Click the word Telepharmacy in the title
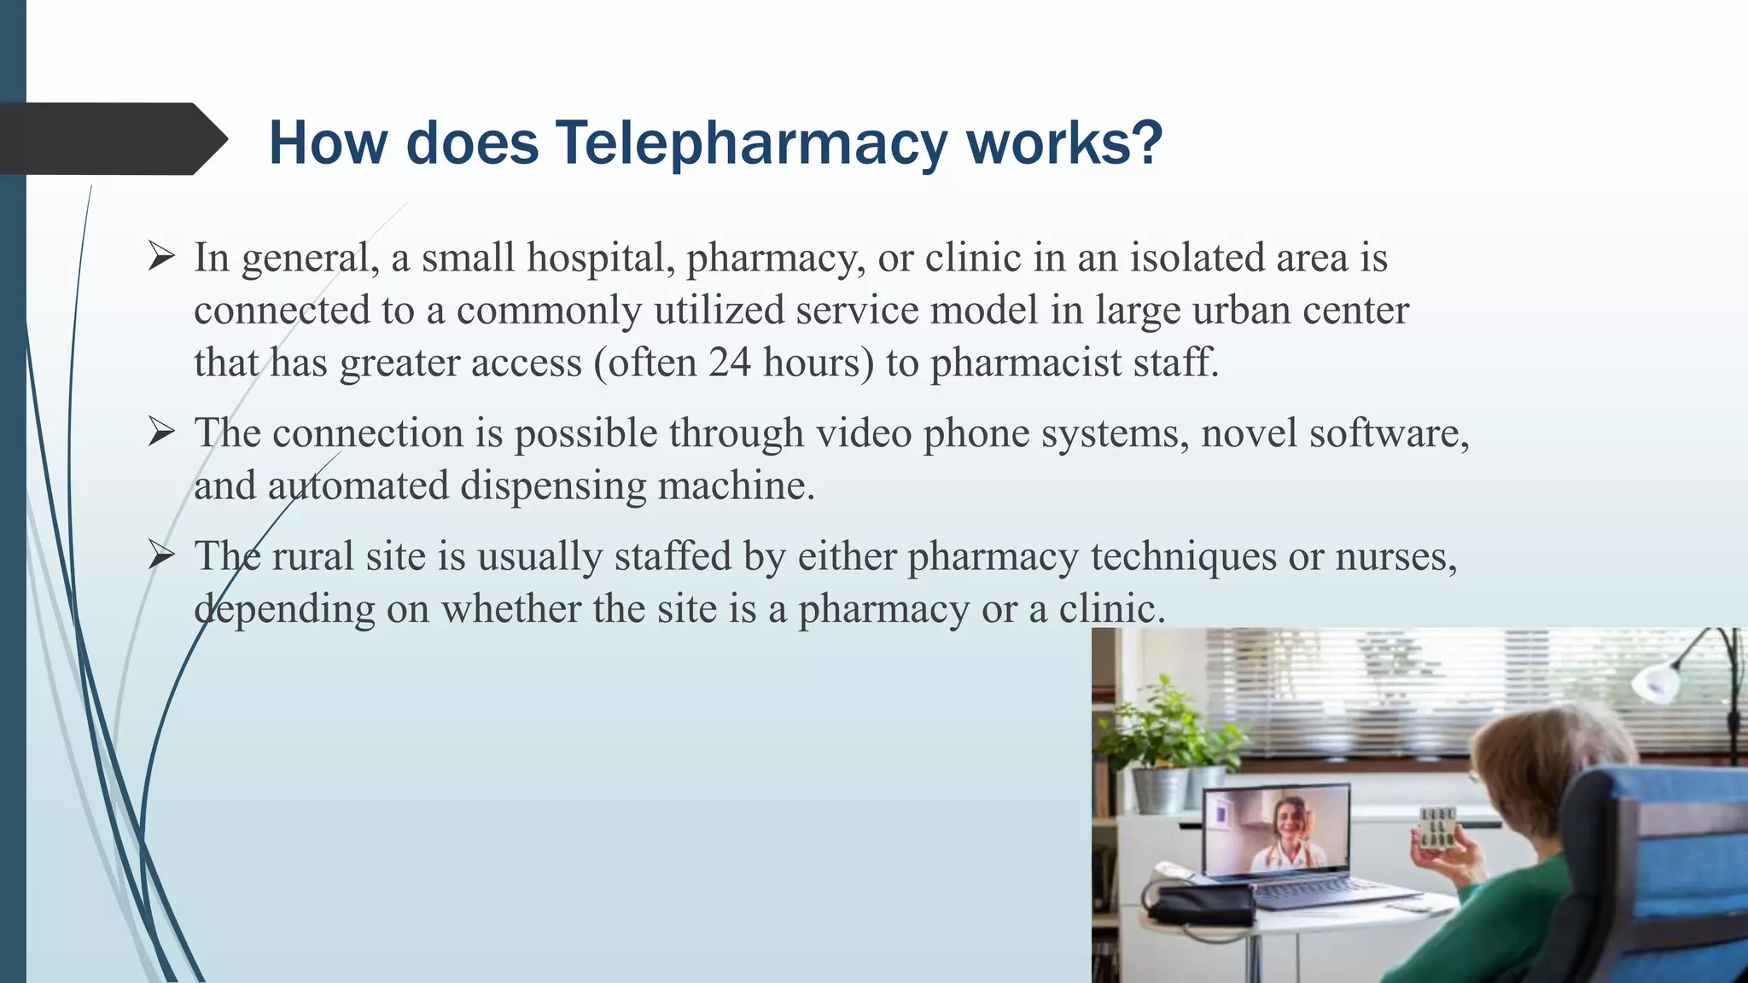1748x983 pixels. (751, 143)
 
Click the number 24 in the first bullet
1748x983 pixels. (729, 363)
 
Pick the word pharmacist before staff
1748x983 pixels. (1025, 363)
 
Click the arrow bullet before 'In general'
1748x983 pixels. (160, 256)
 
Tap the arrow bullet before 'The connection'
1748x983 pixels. (160, 432)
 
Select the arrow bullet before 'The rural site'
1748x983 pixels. (160, 555)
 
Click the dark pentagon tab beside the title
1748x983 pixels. (111, 139)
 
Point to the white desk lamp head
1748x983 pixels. (1656, 683)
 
